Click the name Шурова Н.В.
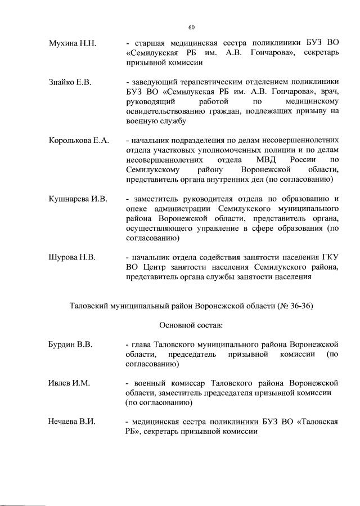pyautogui.click(x=72, y=257)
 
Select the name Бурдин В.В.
pyautogui.click(x=70, y=344)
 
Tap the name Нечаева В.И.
pyautogui.click(x=72, y=422)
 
